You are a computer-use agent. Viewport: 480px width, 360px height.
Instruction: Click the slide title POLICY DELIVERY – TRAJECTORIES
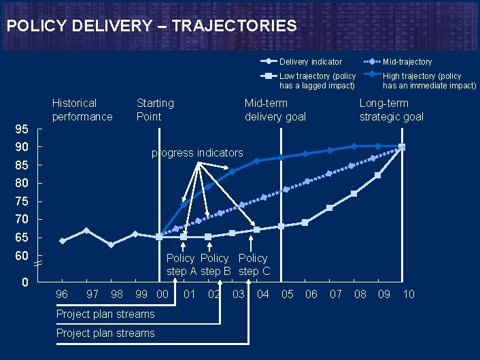[151, 26]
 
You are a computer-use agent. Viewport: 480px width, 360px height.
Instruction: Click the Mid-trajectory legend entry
[407, 62]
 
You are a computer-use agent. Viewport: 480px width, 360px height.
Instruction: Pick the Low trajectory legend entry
[317, 80]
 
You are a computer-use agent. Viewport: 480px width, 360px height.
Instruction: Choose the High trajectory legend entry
[429, 80]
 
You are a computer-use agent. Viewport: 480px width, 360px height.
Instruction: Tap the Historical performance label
[82, 110]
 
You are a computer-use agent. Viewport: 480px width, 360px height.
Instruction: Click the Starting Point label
[155, 110]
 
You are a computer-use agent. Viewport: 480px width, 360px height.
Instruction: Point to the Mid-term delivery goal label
[275, 110]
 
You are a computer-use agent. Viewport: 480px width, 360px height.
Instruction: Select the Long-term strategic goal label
[391, 110]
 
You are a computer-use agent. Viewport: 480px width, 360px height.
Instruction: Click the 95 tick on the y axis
[22, 129]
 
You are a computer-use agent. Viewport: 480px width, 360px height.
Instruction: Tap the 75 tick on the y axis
[22, 201]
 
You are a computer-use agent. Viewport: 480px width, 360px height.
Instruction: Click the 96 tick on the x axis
[62, 294]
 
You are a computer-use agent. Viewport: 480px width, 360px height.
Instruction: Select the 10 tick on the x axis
[409, 294]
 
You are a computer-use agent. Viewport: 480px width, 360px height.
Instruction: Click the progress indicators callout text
[196, 152]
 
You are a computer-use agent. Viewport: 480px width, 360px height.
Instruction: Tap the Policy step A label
[181, 265]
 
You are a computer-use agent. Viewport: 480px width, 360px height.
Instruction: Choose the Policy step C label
[253, 265]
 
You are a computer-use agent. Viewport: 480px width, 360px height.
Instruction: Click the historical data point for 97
[86, 231]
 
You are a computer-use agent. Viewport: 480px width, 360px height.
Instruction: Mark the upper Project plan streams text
[105, 314]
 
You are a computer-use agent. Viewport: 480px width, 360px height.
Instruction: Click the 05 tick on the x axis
[288, 294]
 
